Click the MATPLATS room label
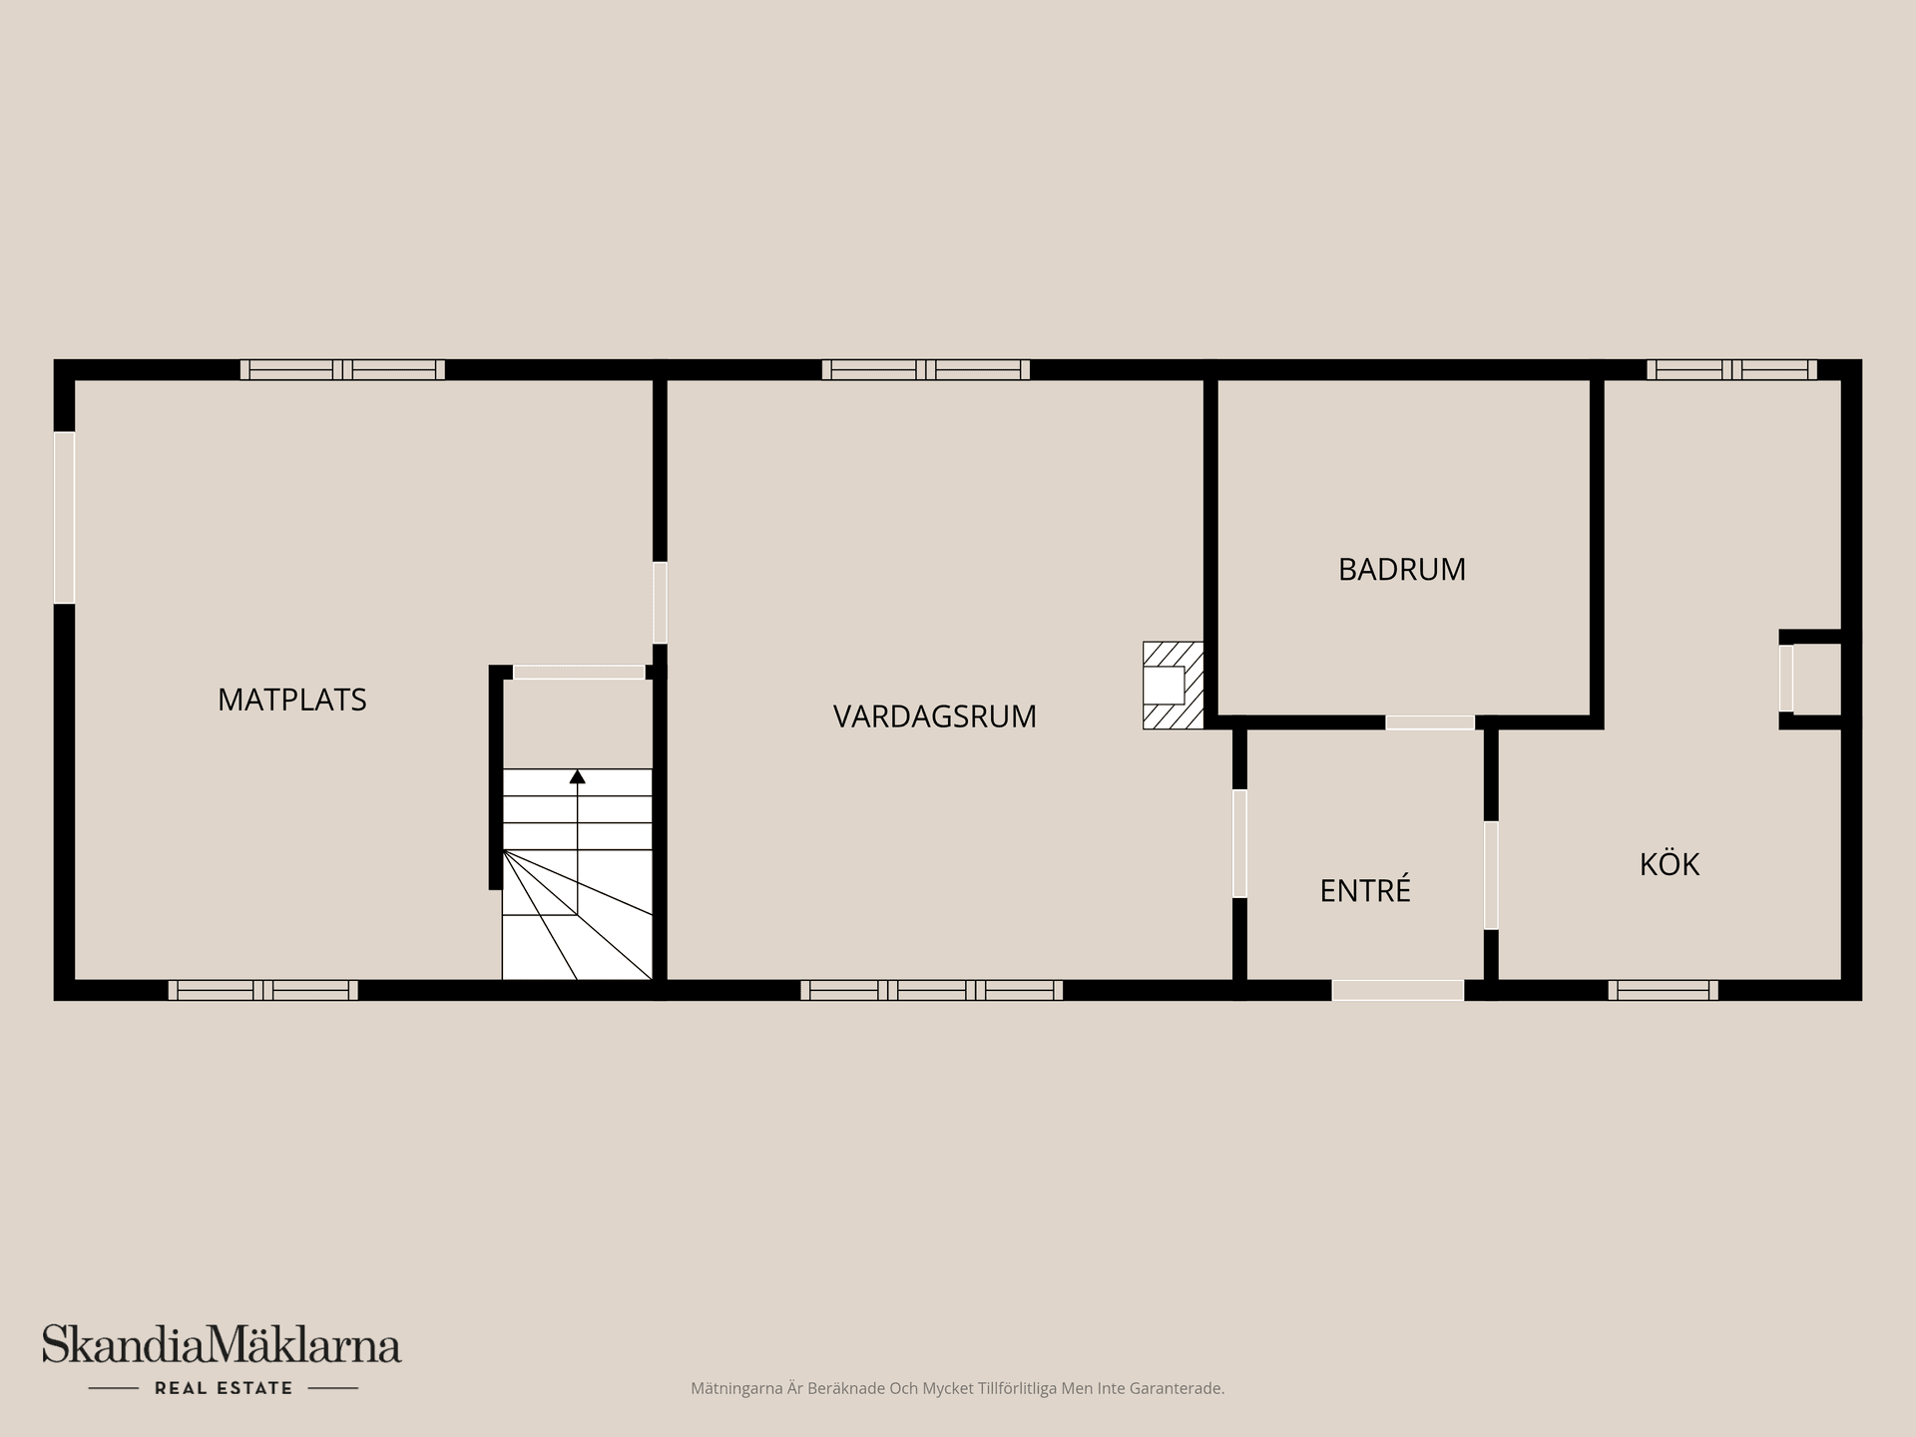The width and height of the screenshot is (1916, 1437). coord(292,700)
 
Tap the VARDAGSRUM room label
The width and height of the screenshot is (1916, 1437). coord(934,717)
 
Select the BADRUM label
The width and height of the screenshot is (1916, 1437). coord(1401,570)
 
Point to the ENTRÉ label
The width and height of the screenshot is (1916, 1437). coord(1364,890)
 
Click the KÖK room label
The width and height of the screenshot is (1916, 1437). coord(1669,864)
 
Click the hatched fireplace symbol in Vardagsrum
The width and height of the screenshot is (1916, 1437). coord(1172,685)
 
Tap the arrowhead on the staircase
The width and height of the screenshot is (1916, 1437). coord(577,776)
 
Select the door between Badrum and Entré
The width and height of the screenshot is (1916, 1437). coord(1429,722)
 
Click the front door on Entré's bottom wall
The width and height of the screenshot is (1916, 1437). coord(1397,990)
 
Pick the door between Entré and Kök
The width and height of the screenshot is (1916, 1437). coord(1491,875)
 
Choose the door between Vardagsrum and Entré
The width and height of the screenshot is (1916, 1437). coord(1239,843)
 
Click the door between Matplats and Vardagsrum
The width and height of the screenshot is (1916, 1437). coord(660,603)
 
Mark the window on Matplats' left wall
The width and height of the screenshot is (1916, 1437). coord(64,517)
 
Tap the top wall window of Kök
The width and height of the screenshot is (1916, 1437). coord(1731,369)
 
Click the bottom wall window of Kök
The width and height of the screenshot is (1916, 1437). coord(1663,990)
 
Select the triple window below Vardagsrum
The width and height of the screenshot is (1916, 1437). coord(931,990)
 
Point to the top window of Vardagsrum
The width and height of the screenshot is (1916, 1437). coord(925,369)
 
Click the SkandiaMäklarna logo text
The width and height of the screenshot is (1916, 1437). coord(222,1346)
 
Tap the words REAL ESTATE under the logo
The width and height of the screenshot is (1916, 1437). coord(224,1388)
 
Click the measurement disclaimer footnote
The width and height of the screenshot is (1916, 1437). coord(957,1388)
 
